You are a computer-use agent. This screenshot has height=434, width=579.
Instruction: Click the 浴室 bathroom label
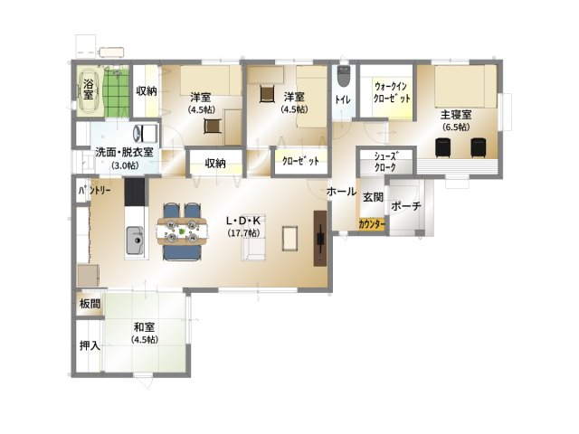88,89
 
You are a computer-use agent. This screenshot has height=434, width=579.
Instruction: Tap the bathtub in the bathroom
89,90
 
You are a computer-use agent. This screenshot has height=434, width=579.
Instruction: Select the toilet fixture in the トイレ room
344,75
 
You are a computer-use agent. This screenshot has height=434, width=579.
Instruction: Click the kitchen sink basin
135,240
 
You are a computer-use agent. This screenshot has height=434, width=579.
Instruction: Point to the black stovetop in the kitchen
135,192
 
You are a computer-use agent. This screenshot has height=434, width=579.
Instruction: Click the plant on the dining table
181,231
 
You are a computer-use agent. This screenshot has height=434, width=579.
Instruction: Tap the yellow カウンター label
372,224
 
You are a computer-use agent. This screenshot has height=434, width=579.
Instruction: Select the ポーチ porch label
406,206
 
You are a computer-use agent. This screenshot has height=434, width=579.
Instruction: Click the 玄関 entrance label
373,197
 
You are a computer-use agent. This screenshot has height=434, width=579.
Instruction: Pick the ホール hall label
342,191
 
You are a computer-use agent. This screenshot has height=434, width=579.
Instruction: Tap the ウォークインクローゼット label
392,92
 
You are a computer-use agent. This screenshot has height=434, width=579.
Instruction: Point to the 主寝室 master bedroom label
456,115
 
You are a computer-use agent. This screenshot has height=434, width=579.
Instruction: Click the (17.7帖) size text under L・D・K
243,233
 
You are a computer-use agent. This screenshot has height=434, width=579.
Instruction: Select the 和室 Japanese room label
145,327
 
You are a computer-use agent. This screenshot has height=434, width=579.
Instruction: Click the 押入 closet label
90,345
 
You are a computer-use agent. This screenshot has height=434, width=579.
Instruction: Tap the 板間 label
90,304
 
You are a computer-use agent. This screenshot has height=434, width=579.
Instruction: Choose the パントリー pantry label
94,191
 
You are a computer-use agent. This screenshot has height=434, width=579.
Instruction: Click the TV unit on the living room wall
320,238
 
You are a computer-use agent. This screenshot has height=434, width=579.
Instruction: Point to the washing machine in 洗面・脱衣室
146,134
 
